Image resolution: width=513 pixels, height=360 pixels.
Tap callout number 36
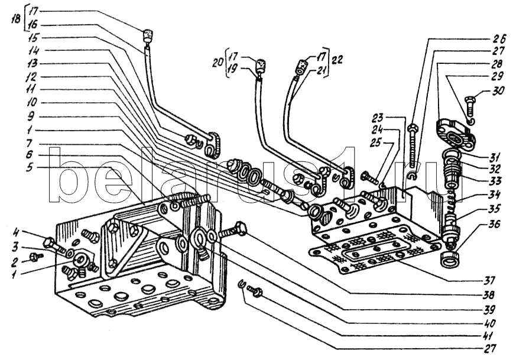(x=493, y=225)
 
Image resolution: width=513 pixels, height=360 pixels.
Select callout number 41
(x=489, y=336)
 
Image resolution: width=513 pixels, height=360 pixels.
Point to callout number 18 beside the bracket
(x=15, y=19)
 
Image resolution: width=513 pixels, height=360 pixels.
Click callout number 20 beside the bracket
(x=217, y=63)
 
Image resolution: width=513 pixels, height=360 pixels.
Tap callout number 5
(x=30, y=168)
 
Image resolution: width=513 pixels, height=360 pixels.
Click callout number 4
(x=15, y=233)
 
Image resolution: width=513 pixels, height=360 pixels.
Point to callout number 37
(x=490, y=280)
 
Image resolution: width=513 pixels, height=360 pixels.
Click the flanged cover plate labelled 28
(x=454, y=135)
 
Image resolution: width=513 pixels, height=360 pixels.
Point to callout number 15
(x=32, y=38)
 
